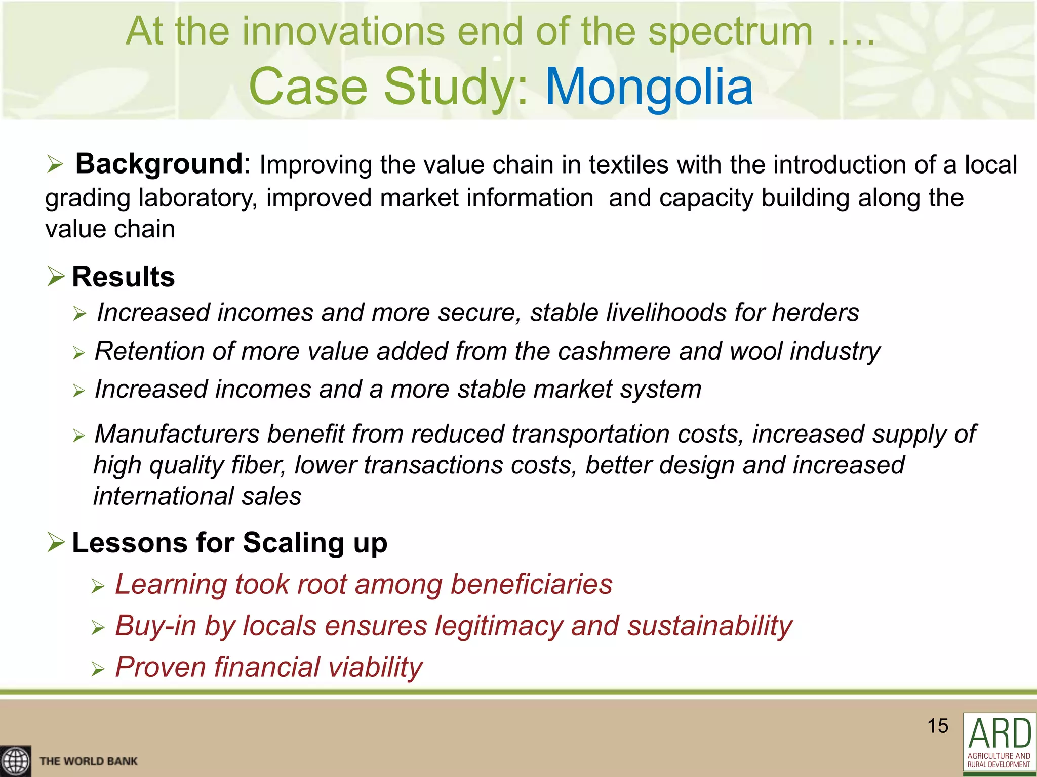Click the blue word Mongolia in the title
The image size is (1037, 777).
coord(649,87)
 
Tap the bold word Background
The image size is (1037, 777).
coord(159,164)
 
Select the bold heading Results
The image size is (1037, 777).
coord(124,277)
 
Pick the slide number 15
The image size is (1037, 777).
coord(937,726)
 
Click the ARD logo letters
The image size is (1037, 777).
coord(1000,733)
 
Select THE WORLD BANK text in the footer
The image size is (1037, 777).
coord(89,761)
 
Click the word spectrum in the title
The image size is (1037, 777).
coord(730,31)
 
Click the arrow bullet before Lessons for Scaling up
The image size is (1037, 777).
coord(56,542)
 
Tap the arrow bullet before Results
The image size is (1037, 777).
coord(56,276)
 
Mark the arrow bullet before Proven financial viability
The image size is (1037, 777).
coord(98,670)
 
